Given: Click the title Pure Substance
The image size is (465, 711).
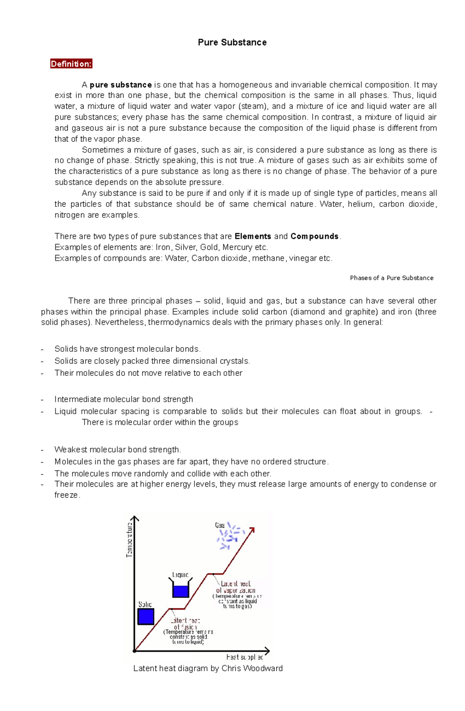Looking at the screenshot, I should point(232,42).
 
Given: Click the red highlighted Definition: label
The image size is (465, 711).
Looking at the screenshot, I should point(71,64).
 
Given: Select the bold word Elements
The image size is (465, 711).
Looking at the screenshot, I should point(253,236).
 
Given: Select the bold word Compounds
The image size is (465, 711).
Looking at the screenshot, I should point(314,236).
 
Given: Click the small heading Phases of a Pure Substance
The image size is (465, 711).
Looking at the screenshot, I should point(391,278).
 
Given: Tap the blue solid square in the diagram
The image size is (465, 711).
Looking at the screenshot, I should point(146,616).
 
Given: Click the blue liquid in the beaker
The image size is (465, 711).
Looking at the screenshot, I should point(181,591).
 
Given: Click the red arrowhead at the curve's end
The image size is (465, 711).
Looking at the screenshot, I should point(251,530).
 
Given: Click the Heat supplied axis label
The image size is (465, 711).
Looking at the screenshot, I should point(245,657).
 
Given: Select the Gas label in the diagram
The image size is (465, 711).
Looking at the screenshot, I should point(220,525).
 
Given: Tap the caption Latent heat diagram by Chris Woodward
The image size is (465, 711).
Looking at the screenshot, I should point(208,668).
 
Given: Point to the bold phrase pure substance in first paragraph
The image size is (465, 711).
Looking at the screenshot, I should point(121,85).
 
